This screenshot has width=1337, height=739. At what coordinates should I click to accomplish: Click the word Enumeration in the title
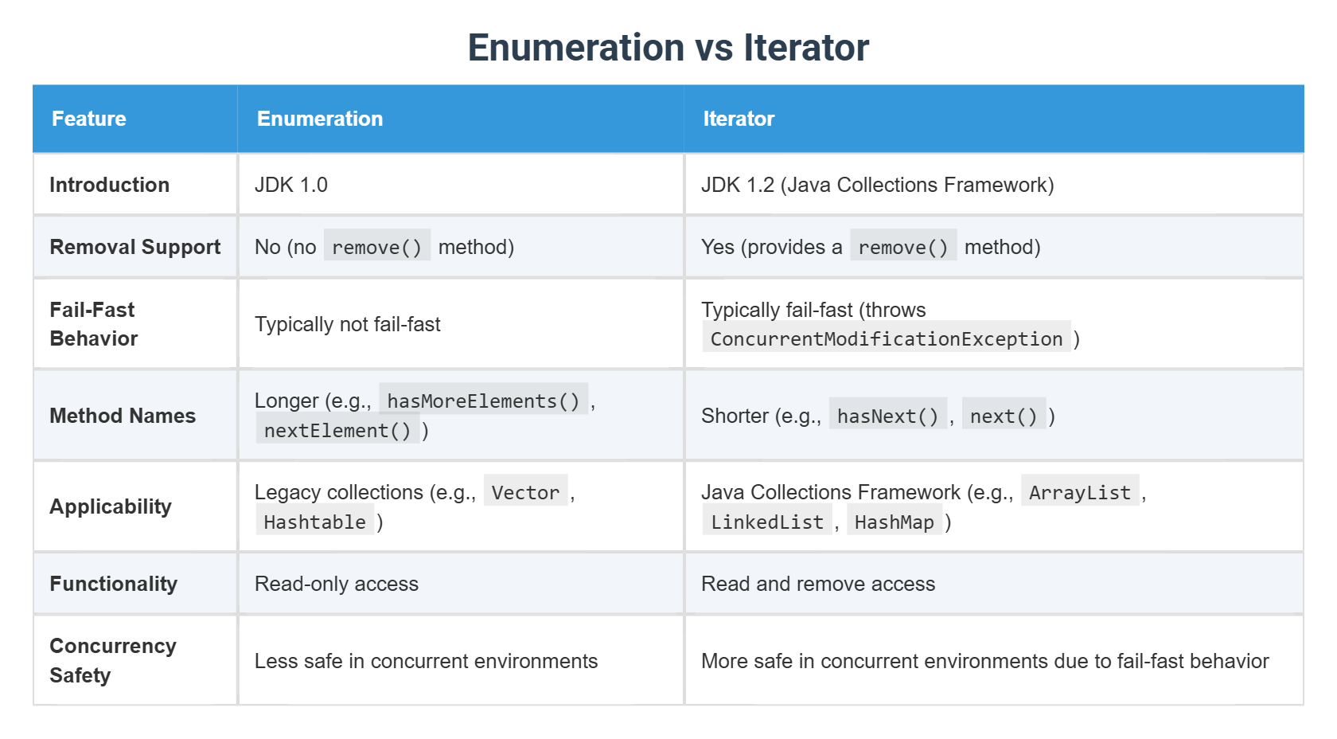(x=577, y=47)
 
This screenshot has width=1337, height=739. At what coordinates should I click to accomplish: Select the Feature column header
(x=89, y=119)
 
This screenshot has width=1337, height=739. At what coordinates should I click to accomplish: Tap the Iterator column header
(x=739, y=119)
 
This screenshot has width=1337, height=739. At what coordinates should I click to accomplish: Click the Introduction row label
(x=109, y=185)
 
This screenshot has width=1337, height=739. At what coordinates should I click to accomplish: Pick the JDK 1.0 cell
(x=290, y=185)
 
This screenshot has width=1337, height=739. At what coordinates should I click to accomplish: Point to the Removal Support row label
(x=135, y=247)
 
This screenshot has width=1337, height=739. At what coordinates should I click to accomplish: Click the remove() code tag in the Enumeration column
(x=377, y=247)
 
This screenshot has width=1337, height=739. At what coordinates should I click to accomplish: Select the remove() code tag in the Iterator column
(x=903, y=247)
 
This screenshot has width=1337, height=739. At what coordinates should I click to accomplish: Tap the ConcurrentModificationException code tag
(x=887, y=338)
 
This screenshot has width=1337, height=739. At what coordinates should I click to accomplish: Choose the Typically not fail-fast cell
(x=347, y=324)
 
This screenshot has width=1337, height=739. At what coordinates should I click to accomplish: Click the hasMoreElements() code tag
(x=484, y=401)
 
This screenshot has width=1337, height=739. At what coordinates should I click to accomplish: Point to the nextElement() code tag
(x=337, y=430)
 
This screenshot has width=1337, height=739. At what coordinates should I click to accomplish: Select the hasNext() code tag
(x=887, y=416)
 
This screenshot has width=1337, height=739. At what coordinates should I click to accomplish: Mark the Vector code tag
(x=525, y=492)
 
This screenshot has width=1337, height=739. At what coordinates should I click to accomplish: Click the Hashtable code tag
(x=314, y=522)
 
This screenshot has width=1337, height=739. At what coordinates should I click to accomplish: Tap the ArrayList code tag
(x=1080, y=492)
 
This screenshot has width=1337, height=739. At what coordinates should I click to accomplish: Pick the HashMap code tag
(x=895, y=522)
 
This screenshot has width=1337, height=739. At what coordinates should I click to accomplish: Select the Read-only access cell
(x=337, y=584)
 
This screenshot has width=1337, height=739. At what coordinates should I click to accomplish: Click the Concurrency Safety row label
(x=113, y=660)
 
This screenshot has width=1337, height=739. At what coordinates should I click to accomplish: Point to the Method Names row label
(x=123, y=415)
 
